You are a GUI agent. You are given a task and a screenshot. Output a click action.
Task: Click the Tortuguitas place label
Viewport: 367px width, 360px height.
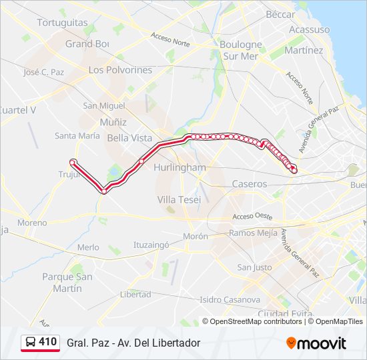point(62,23)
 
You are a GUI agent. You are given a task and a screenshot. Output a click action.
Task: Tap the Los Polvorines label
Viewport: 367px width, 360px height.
point(120,70)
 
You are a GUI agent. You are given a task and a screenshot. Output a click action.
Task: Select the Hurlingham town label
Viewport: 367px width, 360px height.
point(179,167)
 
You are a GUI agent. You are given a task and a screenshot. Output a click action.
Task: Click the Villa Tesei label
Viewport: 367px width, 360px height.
point(179,199)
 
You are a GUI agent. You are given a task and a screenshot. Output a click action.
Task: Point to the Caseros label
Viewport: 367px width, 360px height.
point(250,184)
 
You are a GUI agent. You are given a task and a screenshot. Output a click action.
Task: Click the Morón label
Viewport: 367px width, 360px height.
point(196,236)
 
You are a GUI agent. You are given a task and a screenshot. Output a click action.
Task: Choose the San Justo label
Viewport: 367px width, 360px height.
point(254,267)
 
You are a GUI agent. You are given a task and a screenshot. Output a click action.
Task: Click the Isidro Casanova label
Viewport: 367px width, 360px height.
point(229,299)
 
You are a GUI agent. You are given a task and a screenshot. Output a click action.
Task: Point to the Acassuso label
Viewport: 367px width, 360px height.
point(309,29)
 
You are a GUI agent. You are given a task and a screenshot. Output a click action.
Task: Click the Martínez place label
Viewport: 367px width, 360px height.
point(303,51)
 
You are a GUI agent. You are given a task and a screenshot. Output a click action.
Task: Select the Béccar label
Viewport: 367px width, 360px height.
point(280,14)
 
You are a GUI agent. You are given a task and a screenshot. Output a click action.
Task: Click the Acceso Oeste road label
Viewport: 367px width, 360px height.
point(252,217)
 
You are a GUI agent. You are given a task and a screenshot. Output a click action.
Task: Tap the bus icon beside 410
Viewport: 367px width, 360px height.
point(29,343)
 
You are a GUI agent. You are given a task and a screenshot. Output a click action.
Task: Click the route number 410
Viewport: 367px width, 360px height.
point(48,342)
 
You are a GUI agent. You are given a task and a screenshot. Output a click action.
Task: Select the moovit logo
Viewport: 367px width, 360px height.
point(316,343)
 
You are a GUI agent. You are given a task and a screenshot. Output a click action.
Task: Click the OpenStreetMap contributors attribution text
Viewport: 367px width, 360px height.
point(256,321)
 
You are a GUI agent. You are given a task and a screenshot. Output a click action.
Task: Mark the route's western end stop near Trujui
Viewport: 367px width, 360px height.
point(73,162)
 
